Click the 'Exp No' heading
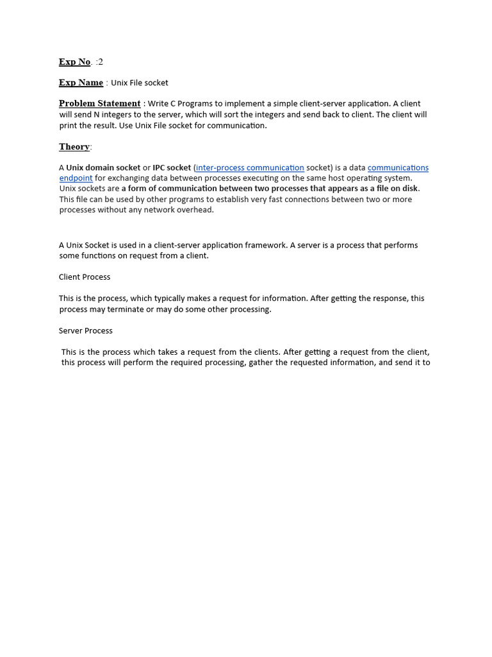(74, 62)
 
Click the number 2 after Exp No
(100, 62)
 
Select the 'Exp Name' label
(81, 83)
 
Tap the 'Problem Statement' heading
(99, 103)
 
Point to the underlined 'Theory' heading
(74, 147)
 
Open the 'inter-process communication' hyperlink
(250, 168)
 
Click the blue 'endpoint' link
(76, 178)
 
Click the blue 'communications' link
(398, 168)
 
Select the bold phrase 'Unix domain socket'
(103, 168)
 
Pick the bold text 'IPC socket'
(172, 168)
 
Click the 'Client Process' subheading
(85, 277)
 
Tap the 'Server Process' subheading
(86, 331)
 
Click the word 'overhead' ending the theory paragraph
(195, 210)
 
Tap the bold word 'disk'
(409, 189)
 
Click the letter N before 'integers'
(97, 114)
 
